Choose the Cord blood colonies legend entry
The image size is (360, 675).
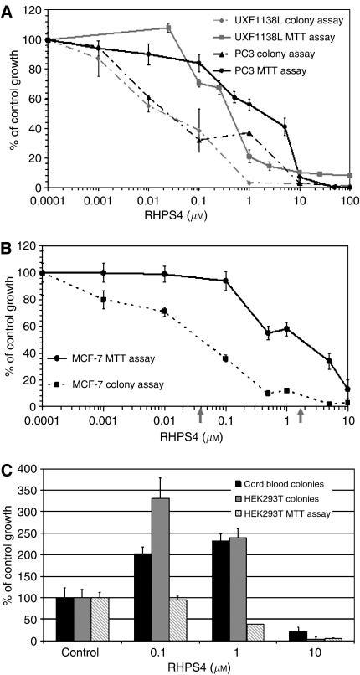click(x=276, y=483)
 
